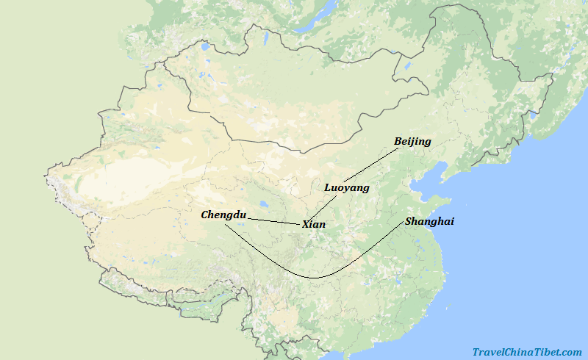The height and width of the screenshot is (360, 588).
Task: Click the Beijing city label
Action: (412, 141)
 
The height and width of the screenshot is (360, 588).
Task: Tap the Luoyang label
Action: (346, 187)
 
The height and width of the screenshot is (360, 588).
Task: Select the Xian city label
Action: (314, 224)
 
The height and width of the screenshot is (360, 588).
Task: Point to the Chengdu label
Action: (223, 215)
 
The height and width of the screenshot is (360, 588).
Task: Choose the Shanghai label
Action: (429, 221)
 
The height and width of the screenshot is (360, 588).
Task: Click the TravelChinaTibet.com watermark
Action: (526, 352)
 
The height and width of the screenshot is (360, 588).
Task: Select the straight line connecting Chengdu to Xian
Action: (273, 220)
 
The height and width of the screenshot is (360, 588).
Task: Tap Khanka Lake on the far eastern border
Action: (534, 115)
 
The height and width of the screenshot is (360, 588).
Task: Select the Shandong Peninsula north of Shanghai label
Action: (434, 201)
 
